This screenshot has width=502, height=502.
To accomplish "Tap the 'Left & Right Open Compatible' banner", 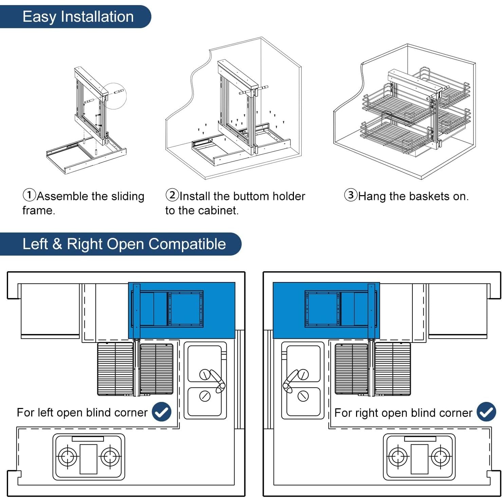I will (x=124, y=244).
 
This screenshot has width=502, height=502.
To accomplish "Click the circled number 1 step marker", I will (x=29, y=195).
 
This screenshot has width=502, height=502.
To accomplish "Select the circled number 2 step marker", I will (x=172, y=195).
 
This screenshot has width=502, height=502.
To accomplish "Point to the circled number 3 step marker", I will (x=351, y=195).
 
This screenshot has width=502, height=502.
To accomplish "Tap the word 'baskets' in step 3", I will (x=429, y=196).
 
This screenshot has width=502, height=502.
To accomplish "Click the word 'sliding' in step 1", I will (x=127, y=197).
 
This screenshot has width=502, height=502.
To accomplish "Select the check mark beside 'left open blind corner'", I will (x=162, y=412).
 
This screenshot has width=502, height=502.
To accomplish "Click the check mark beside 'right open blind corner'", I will (x=486, y=412).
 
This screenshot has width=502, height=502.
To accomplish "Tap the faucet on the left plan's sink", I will (x=217, y=380).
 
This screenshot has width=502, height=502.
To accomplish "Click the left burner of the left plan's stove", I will (x=68, y=457).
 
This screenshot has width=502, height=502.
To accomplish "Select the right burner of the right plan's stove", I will (x=440, y=457).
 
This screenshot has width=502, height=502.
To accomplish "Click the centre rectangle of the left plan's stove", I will (x=88, y=459).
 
